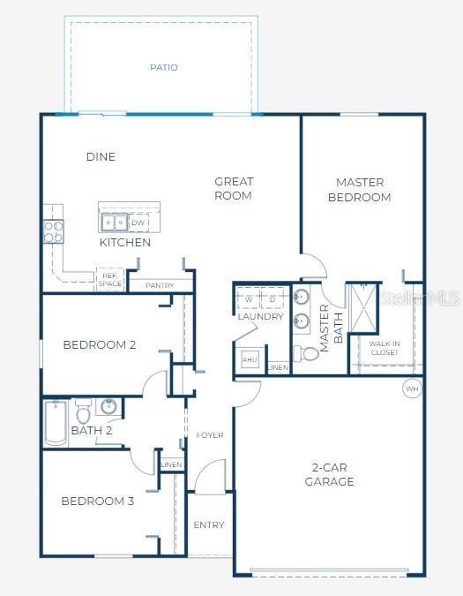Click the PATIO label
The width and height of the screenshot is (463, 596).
(x=163, y=67)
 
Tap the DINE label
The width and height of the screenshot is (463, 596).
(x=101, y=157)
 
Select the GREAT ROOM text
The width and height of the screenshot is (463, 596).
(x=234, y=188)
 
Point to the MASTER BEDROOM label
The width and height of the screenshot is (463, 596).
(x=359, y=190)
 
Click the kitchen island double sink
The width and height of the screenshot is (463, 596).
(x=113, y=223)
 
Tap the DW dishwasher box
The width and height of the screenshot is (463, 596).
(x=138, y=223)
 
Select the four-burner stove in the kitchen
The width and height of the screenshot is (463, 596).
(x=54, y=231)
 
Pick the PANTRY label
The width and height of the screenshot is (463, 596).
(x=159, y=285)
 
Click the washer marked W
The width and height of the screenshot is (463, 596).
(x=249, y=299)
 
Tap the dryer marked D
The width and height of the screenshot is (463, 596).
(x=273, y=299)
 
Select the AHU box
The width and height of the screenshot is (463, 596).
(x=250, y=360)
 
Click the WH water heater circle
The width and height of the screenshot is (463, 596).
(x=412, y=388)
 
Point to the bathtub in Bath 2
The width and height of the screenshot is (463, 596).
(x=56, y=422)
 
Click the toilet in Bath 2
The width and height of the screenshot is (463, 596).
(x=83, y=411)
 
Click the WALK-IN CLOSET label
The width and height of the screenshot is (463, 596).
(x=384, y=348)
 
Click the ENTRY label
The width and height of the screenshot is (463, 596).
(x=209, y=525)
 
